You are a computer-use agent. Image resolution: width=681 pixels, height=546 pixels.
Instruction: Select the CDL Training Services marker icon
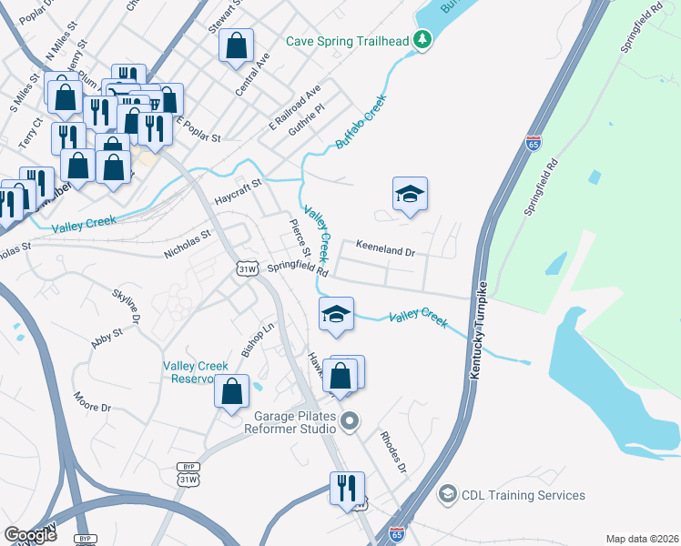pos(447,494)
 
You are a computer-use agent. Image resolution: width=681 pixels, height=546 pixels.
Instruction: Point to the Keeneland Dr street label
pos(385,247)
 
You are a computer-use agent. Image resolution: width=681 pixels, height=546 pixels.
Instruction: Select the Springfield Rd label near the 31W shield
pos(298,268)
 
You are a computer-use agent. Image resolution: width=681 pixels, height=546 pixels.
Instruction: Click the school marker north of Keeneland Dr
pos(410,194)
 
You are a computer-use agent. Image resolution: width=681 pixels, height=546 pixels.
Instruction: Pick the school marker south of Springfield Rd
pos(336,315)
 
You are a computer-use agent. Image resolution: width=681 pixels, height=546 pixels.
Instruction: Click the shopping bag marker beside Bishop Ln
pos(231,391)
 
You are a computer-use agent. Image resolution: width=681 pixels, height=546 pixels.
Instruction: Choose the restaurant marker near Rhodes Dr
pos(347,488)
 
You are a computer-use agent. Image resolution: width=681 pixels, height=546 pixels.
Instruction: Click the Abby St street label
pos(107,339)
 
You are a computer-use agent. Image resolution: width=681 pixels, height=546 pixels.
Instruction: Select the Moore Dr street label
pos(92,400)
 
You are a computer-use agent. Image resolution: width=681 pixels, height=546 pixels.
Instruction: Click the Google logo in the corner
pos(30,535)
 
